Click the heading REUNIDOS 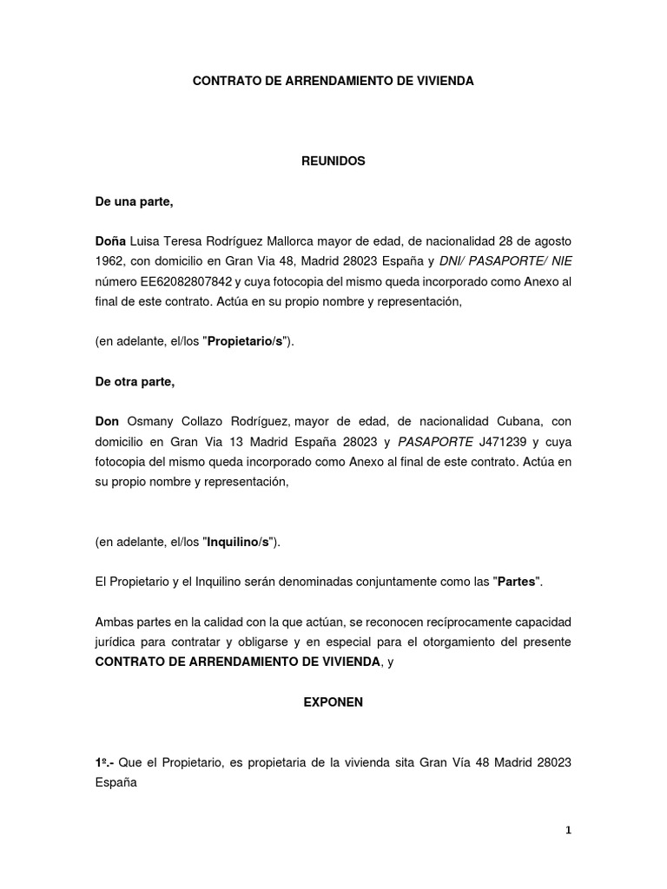pyautogui.click(x=333, y=161)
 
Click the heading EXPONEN pyautogui.click(x=333, y=703)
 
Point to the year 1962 pyautogui.click(x=109, y=261)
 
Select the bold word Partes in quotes pyautogui.click(x=516, y=581)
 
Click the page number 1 pyautogui.click(x=569, y=830)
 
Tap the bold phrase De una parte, pyautogui.click(x=135, y=202)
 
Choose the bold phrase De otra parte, pyautogui.click(x=135, y=382)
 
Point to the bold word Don pyautogui.click(x=107, y=421)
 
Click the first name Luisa pyautogui.click(x=149, y=240)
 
